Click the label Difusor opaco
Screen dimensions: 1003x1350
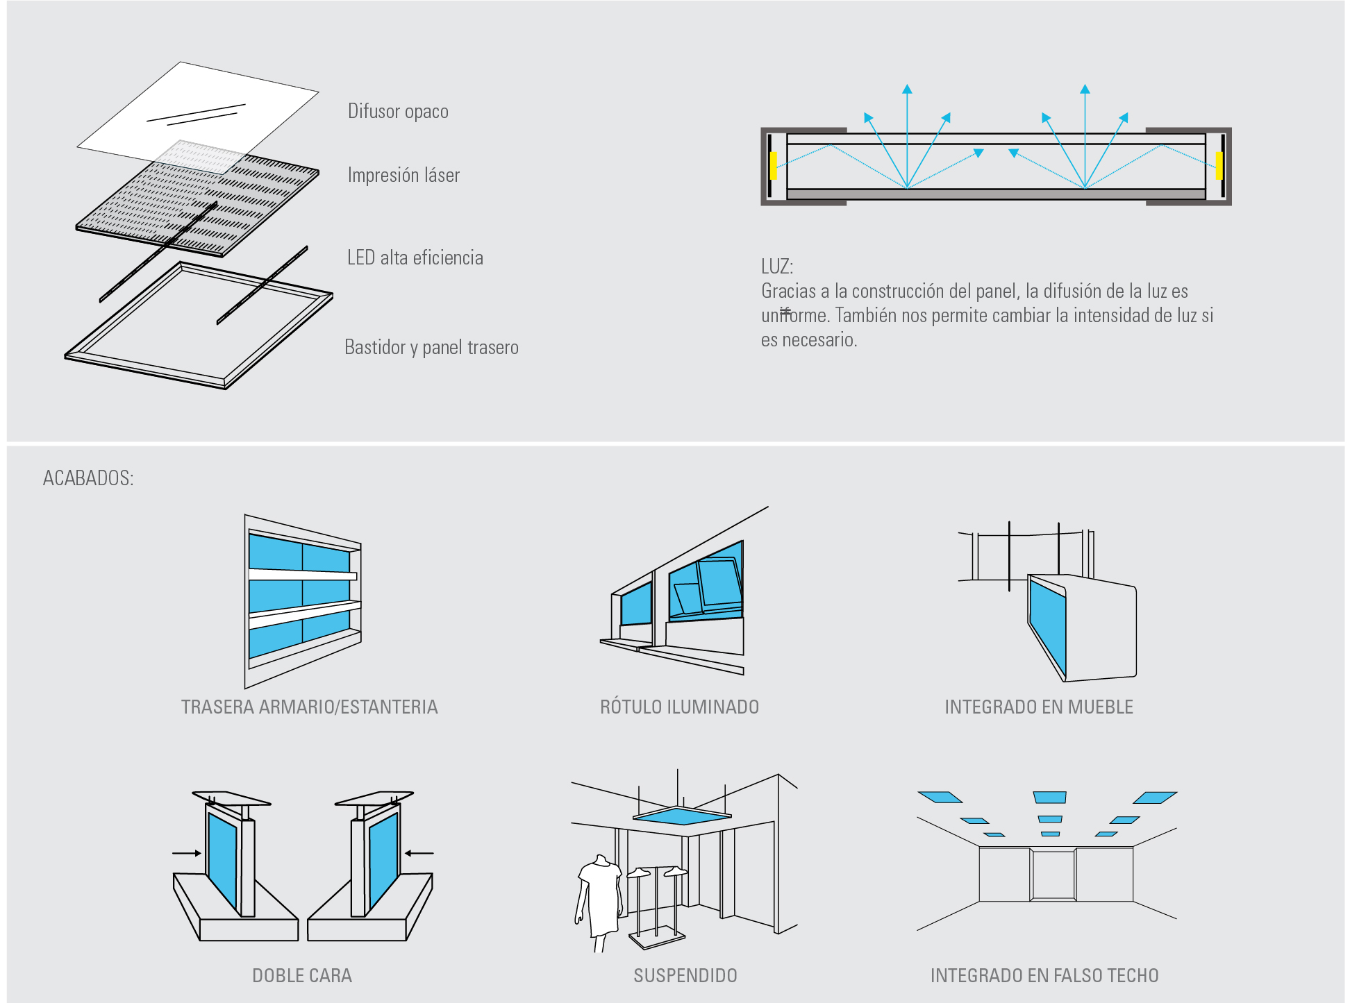click(x=398, y=112)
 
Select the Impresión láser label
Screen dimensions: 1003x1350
click(x=403, y=176)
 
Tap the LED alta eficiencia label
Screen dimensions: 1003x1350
click(x=415, y=258)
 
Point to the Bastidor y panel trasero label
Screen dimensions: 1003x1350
click(x=431, y=347)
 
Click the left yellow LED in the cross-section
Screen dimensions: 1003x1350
click(x=774, y=166)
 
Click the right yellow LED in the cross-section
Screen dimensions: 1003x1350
click(x=1219, y=166)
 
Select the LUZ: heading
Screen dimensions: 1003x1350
click(x=776, y=267)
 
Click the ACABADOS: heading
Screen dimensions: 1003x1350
click(x=88, y=478)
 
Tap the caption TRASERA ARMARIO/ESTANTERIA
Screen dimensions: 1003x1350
click(x=309, y=707)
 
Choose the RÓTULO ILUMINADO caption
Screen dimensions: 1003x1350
click(x=679, y=707)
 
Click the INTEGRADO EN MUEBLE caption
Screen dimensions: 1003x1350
click(x=1038, y=707)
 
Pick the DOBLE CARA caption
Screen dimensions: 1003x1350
click(x=302, y=976)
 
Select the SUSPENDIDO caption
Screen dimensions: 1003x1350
click(x=685, y=976)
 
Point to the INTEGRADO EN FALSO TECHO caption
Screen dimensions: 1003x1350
click(x=1044, y=976)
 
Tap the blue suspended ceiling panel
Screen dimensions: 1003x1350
click(x=681, y=816)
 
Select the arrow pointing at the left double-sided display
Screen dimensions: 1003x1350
click(x=186, y=853)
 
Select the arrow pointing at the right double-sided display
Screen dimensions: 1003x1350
click(x=419, y=853)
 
